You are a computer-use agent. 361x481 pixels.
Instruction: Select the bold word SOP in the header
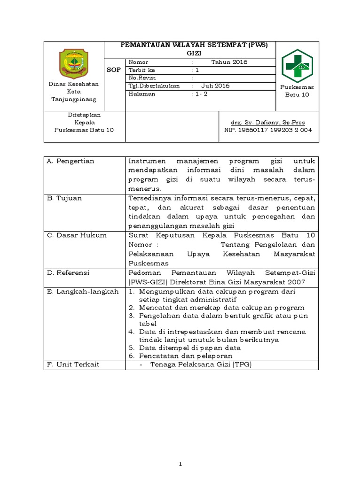coord(115,70)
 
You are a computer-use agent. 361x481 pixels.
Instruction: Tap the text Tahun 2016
coord(229,62)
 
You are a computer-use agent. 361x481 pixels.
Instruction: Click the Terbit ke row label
coord(141,70)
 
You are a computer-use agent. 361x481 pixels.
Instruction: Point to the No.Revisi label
coord(141,78)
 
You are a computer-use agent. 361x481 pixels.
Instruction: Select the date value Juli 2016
coord(216,86)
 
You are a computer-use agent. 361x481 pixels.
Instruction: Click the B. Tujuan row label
coord(64,198)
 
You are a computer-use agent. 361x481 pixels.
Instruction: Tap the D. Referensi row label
coord(69,272)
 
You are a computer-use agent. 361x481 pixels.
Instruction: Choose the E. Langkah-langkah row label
coord(82,291)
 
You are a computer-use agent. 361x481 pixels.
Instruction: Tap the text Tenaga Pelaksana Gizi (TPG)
coord(201,365)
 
